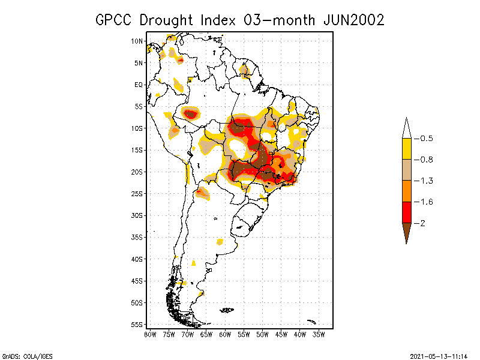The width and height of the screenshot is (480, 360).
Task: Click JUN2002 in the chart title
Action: pos(353,20)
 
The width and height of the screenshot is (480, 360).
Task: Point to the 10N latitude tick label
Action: pos(137,41)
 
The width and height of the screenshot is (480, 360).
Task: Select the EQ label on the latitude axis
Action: pos(139,85)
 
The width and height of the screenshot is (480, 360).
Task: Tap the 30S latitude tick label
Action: pos(137,215)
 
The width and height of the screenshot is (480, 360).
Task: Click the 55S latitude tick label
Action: pos(137,325)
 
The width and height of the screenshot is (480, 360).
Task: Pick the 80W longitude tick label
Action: pos(150,334)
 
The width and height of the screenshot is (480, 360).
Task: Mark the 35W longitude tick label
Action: pos(319,334)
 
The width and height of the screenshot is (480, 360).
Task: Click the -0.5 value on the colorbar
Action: pos(424,139)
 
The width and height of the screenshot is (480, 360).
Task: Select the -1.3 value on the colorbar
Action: pos(424,181)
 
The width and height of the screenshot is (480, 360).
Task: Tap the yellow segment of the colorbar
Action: pos(406,149)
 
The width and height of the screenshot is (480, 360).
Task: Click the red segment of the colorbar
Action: pos(406,212)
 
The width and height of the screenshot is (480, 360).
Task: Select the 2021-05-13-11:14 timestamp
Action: pos(439,355)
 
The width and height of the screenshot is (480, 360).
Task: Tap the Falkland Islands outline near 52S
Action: pos(226,310)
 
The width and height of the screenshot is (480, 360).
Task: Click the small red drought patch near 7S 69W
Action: pos(191,113)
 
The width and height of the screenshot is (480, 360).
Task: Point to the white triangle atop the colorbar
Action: pos(406,128)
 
